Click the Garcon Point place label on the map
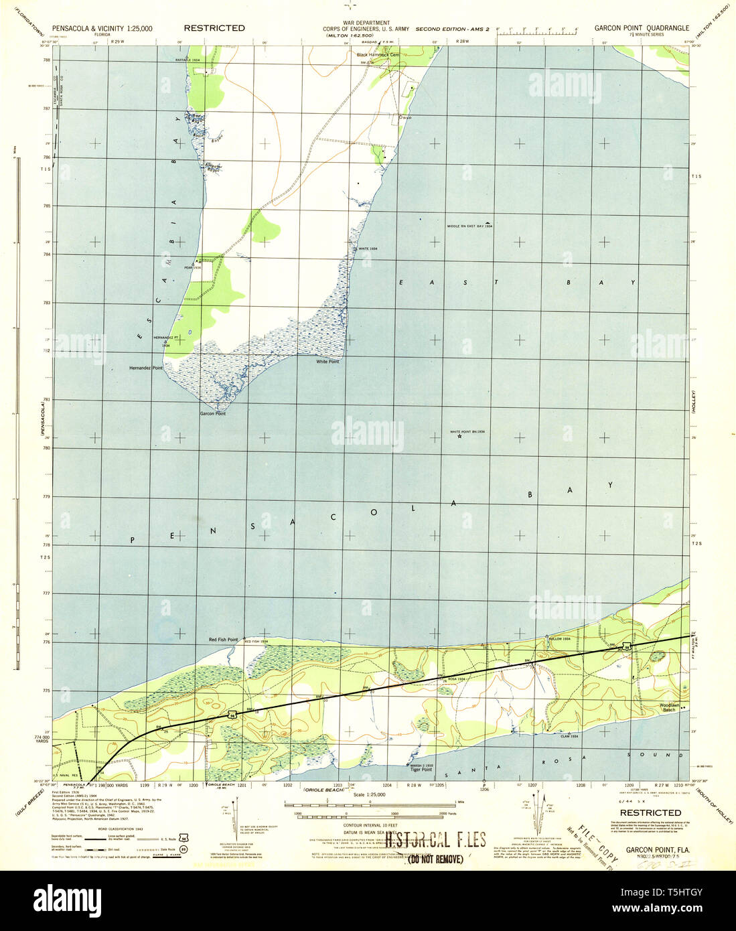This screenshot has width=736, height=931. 212,414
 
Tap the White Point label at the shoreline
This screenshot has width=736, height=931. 327,362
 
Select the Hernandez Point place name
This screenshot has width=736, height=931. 146,368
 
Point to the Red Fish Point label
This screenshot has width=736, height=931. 223,640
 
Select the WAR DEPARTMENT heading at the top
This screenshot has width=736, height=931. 366,23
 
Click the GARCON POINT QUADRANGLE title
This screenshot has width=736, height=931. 642,28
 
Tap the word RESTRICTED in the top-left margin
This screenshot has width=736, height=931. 214,28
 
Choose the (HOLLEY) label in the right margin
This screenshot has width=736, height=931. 694,402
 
